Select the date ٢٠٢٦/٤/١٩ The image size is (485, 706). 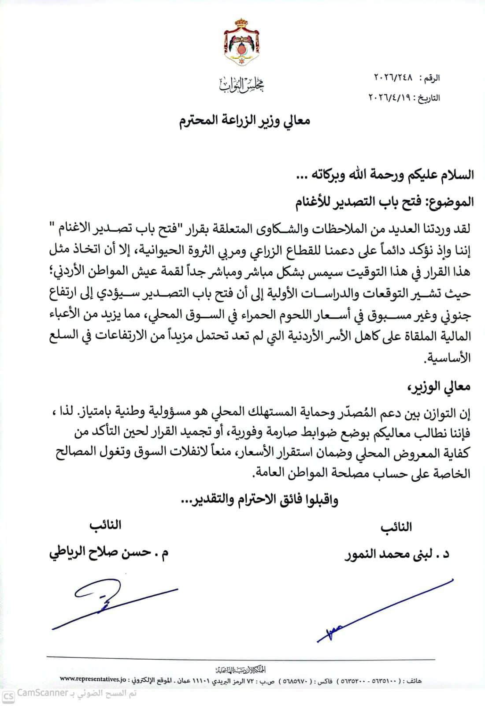tap(390, 98)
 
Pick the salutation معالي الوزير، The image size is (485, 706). tap(438, 387)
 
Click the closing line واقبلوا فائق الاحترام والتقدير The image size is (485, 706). tap(260, 500)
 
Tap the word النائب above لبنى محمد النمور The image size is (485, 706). tap(396, 527)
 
